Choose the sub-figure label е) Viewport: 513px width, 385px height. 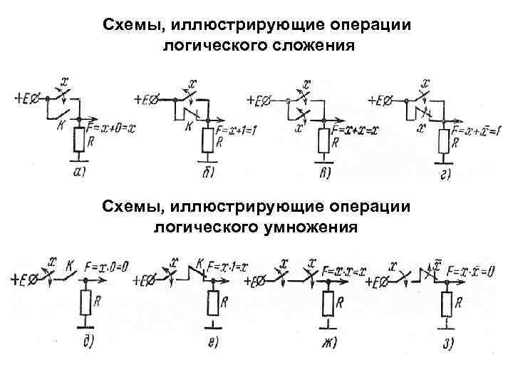(x=212, y=343)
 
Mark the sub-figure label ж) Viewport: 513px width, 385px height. (x=328, y=343)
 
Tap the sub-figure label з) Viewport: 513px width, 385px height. (x=449, y=343)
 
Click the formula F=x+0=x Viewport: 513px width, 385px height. (x=110, y=128)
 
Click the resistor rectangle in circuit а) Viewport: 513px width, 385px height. (x=80, y=142)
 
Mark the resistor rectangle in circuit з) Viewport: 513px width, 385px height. (x=447, y=305)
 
